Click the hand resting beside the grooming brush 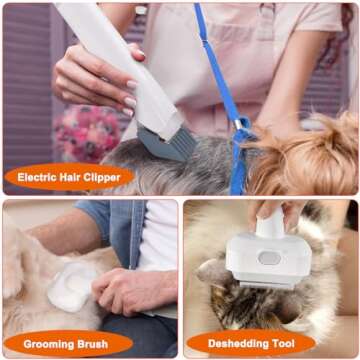click(x=130, y=290)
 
